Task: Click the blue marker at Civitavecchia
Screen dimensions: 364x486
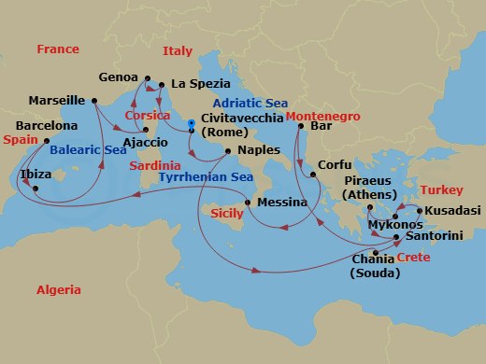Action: point(190,121)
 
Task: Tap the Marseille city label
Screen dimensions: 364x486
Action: point(57,100)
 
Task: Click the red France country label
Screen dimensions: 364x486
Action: point(58,49)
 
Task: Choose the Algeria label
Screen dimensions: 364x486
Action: point(58,290)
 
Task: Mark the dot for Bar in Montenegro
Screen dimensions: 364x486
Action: point(301,125)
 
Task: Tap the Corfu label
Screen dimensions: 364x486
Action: point(335,164)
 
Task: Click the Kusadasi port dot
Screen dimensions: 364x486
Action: point(420,210)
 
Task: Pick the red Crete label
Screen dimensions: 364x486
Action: point(408,257)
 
